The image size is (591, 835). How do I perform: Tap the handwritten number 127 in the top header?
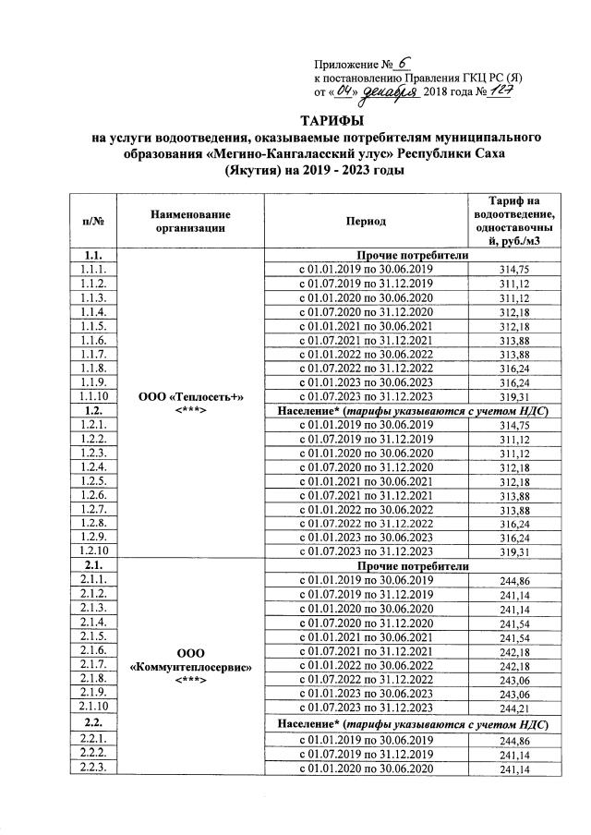501,92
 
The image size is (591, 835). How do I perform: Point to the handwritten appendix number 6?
402,63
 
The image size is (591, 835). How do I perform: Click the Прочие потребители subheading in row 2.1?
418,565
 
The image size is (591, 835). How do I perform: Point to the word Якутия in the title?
256,171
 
